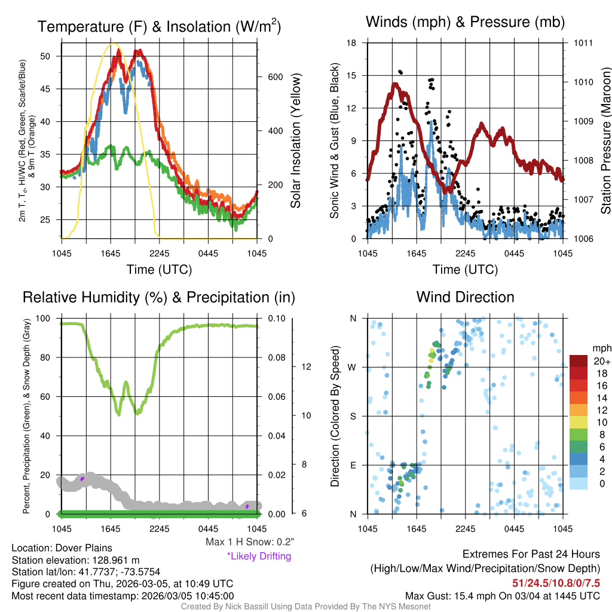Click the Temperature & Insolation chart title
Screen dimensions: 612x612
[x=159, y=27]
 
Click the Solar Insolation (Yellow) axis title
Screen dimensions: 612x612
[x=296, y=141]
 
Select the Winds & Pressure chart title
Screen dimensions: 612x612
[x=465, y=23]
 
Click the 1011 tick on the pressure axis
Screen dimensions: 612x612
[x=583, y=43]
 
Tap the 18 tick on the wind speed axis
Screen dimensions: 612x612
[x=352, y=43]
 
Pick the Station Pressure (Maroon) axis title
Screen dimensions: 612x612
[x=605, y=141]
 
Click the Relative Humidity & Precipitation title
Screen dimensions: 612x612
[x=159, y=297]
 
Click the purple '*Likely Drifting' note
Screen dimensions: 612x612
[x=259, y=556]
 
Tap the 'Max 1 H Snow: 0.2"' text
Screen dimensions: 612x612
[x=250, y=542]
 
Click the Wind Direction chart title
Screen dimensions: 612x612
[x=465, y=297]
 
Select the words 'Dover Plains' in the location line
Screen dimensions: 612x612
[x=84, y=548]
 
